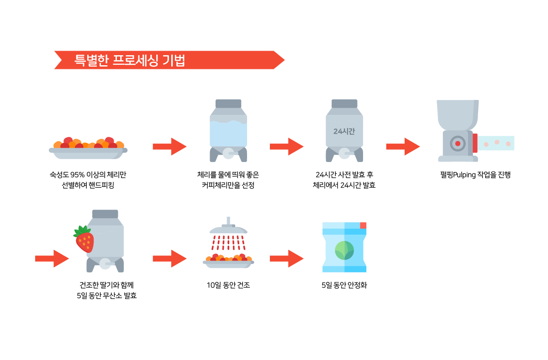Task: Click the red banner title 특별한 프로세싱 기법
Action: [130, 60]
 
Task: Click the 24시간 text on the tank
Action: [344, 131]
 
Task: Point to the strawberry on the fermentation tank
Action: [84, 239]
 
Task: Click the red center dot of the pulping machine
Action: [458, 143]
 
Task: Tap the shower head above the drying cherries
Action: [228, 228]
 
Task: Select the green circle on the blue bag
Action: [344, 249]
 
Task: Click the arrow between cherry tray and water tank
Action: [169, 146]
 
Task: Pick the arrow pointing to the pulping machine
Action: [403, 146]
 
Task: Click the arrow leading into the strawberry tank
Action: [52, 259]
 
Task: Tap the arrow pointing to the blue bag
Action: [286, 259]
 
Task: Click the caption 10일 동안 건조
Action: [228, 286]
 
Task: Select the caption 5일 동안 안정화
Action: [344, 286]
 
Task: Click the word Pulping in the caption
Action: [462, 174]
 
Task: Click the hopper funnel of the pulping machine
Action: [458, 114]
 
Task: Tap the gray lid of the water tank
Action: [228, 104]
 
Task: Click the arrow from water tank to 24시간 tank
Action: [286, 146]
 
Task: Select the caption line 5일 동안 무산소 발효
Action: [107, 296]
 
